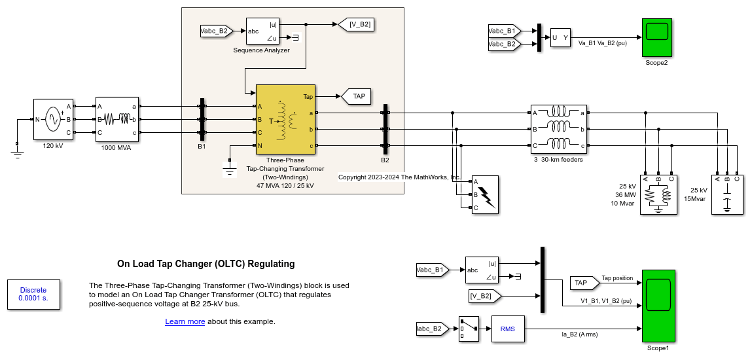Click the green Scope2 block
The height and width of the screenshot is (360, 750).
(x=656, y=37)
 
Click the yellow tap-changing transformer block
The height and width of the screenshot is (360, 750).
(x=285, y=119)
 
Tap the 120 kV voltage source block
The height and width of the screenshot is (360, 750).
(x=53, y=119)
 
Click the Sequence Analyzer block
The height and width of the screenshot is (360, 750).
(x=262, y=31)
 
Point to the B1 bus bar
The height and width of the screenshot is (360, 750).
(x=202, y=124)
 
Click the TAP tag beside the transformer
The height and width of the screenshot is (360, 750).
(x=357, y=96)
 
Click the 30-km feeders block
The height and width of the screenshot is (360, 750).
(x=557, y=129)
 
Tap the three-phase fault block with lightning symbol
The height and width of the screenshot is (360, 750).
(x=485, y=194)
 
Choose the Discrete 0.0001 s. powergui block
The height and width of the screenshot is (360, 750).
(x=33, y=294)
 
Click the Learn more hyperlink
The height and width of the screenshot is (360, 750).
(x=185, y=321)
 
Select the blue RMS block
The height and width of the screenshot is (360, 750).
(x=508, y=329)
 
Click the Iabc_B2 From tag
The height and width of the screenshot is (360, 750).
(x=433, y=329)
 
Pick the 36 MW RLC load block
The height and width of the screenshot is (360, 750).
(x=658, y=194)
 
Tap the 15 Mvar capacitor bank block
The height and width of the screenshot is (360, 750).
(x=727, y=194)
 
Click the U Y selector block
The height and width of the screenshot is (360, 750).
(x=561, y=38)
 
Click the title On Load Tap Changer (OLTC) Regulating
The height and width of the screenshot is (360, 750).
(x=206, y=264)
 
